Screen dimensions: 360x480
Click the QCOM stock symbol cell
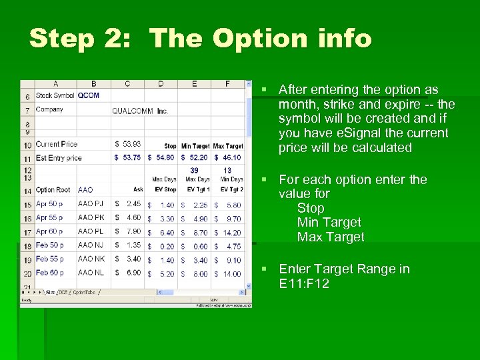(89, 95)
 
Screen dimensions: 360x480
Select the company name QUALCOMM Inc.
(140, 111)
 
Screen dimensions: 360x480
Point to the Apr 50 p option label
(49, 204)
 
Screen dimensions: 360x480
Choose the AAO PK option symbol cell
(91, 218)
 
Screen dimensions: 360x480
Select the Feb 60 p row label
(49, 273)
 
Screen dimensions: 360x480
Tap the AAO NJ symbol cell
(91, 245)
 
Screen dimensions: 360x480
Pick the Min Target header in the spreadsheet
(195, 146)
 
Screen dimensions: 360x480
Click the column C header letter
(127, 84)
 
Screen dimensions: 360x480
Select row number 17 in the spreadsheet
(28, 232)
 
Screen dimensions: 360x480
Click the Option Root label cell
(53, 190)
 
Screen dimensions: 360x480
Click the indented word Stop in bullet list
(311, 208)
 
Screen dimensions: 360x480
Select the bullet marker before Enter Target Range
(265, 269)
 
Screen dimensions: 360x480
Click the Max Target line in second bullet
(331, 237)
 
